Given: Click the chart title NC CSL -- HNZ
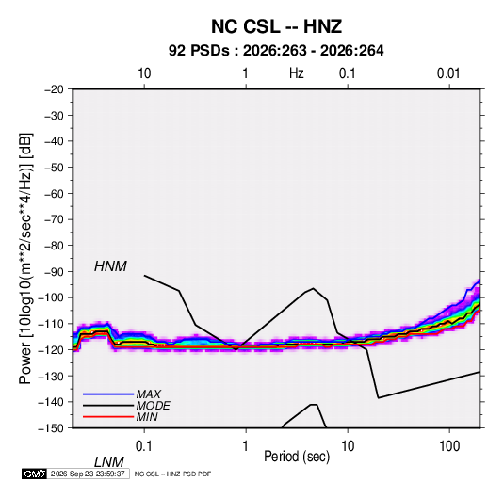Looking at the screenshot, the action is (x=276, y=26).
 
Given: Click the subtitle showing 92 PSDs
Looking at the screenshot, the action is (x=276, y=51).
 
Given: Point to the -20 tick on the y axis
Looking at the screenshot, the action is (x=54, y=89).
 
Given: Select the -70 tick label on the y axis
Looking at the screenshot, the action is (x=54, y=219).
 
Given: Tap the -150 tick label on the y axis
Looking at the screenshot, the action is (x=51, y=428).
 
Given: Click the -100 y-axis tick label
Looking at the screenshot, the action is (x=51, y=297).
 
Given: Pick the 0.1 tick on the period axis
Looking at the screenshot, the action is (x=144, y=446).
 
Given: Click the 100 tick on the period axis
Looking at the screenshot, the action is (x=449, y=446).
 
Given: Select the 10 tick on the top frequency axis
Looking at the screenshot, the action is (x=144, y=73).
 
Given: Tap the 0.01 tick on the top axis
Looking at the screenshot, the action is (x=448, y=73).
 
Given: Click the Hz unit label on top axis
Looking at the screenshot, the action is (x=297, y=73).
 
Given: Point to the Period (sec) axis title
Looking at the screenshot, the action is (x=297, y=457).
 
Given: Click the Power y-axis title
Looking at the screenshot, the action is (x=25, y=259).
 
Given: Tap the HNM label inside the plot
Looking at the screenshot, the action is (x=110, y=266).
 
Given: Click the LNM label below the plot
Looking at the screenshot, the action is (x=108, y=462).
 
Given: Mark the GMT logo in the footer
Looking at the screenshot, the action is (x=34, y=474).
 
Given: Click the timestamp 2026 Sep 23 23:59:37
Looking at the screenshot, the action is (x=88, y=474).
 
